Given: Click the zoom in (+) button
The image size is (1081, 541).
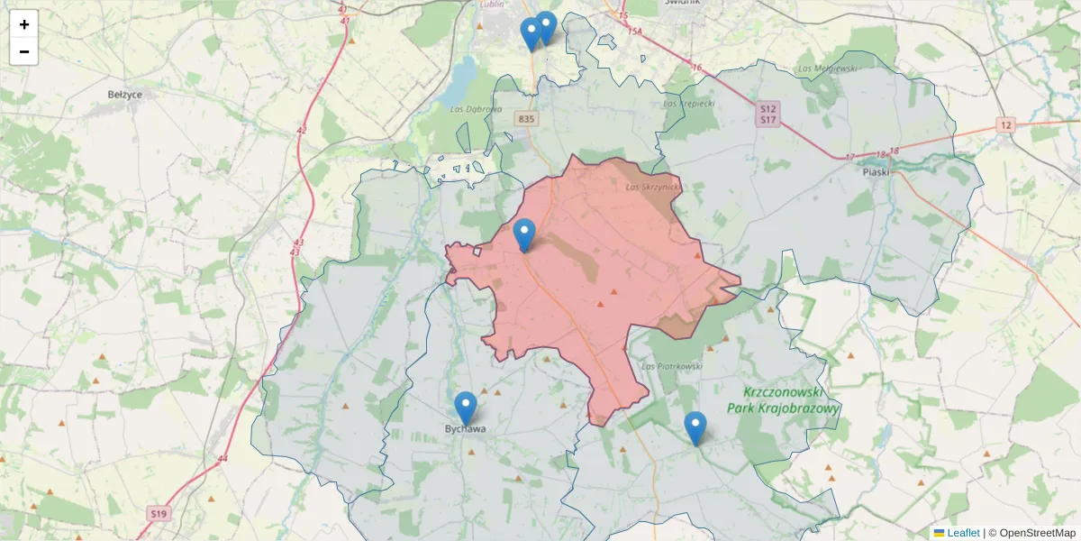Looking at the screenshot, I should coord(24,24).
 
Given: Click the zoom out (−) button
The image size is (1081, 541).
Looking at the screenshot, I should coord(24,51).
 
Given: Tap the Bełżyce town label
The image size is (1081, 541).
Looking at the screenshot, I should coord(125,94).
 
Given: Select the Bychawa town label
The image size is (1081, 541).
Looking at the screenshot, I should coord(465,429).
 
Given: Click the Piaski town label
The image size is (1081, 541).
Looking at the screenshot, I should coord(875,171).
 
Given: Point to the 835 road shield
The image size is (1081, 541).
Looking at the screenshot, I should coord(527,118).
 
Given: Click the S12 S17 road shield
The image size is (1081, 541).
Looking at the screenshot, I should coord(768,114).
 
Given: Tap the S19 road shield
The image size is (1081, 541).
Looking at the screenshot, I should coord(159,513).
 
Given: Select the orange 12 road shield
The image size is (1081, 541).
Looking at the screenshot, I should coord(1005,124).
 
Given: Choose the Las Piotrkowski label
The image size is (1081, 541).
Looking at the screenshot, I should coord(671,366).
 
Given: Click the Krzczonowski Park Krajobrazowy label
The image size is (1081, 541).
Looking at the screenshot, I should coord(792,400).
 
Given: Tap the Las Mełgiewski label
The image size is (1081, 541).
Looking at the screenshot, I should coord(825,69).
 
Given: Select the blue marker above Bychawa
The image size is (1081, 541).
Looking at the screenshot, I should coord(465,408).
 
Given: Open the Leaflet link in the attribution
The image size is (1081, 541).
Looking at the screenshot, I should coord(963,533).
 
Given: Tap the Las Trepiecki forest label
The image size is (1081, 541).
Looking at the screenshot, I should coord(688,103).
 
